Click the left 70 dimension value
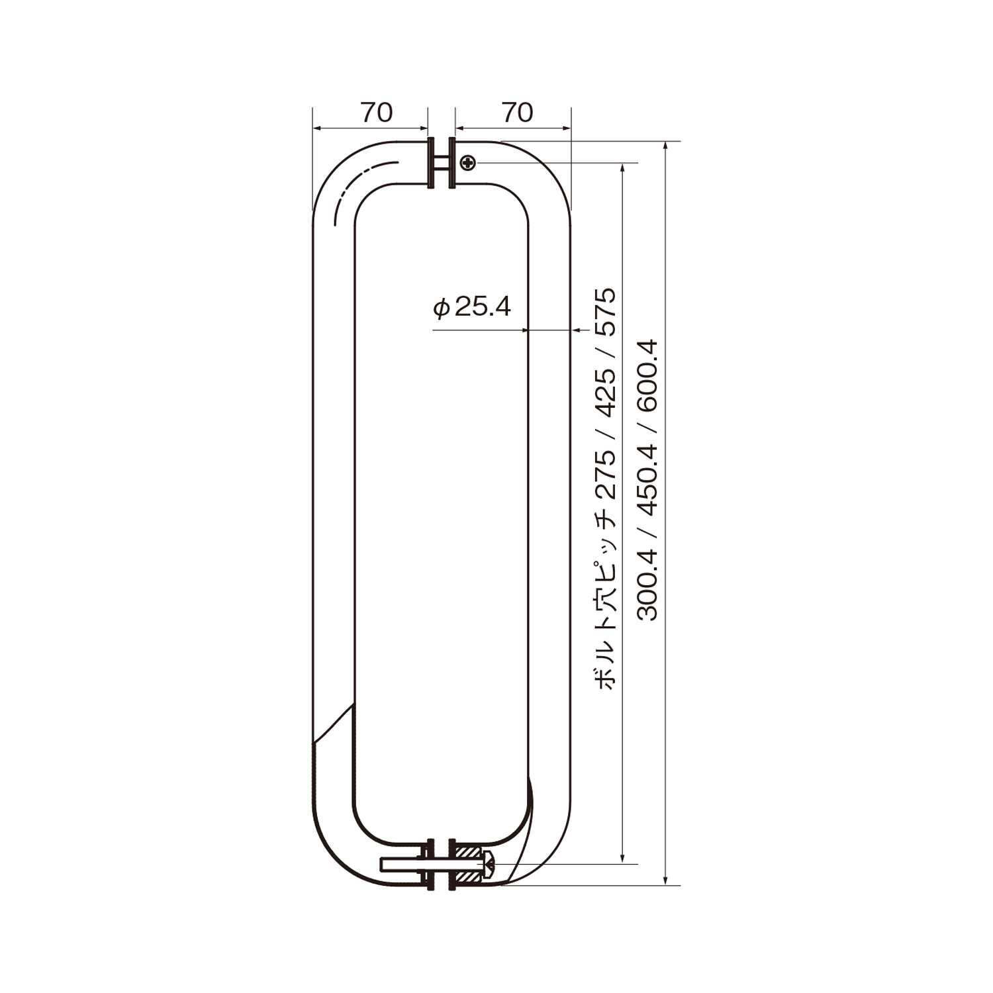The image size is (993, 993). [x=377, y=113]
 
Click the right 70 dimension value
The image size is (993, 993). [x=517, y=113]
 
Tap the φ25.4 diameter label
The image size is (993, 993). [x=472, y=307]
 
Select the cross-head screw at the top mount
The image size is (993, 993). [x=468, y=162]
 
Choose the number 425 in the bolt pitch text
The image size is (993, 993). [x=605, y=392]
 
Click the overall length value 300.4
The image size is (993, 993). [x=647, y=585]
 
